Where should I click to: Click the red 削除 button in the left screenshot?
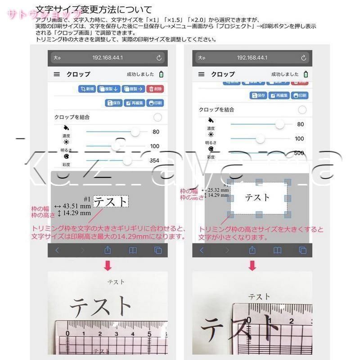point(155,89)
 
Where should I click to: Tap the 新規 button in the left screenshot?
point(87,89)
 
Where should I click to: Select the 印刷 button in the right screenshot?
point(299,95)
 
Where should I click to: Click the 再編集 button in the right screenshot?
point(279,95)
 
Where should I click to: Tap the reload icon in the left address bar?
point(159,58)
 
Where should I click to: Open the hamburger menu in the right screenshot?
point(201,74)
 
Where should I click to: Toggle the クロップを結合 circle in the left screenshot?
point(157,117)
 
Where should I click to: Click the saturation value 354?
point(154,161)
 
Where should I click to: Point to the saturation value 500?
point(299,153)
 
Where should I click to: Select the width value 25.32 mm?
point(217,189)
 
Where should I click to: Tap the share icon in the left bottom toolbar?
point(108,250)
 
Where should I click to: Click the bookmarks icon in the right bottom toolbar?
point(277,250)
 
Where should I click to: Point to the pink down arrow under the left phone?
point(108,266)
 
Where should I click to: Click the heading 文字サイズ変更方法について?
point(93,9)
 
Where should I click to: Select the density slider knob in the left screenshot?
point(134,132)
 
